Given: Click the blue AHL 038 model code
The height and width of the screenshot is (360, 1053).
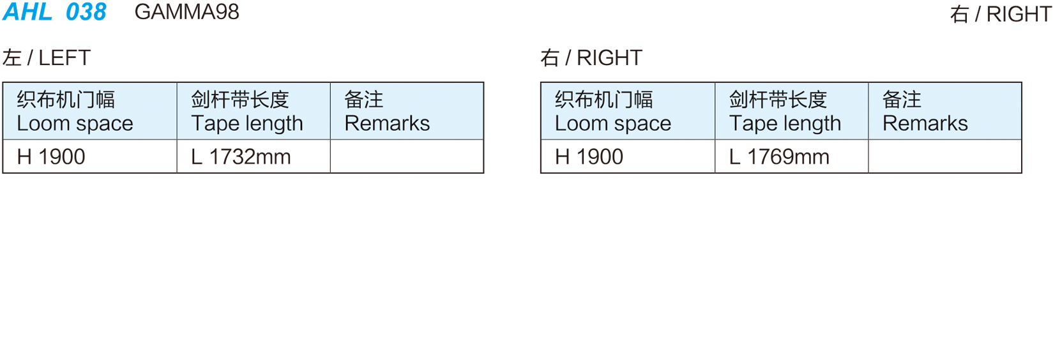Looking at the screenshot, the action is click(x=54, y=11).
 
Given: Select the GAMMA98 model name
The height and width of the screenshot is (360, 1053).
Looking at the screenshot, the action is click(x=186, y=12).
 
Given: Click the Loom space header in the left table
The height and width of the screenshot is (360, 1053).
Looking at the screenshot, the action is click(x=75, y=124).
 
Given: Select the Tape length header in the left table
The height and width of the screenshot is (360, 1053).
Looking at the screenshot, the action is click(x=247, y=124).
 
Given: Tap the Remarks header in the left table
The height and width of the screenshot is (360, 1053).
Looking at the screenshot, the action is click(x=388, y=124).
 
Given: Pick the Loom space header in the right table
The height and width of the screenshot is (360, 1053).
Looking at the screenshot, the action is click(x=613, y=124).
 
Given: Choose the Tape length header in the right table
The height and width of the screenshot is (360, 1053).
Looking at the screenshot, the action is click(x=785, y=124).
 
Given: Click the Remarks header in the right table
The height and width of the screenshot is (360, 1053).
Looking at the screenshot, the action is click(x=925, y=124).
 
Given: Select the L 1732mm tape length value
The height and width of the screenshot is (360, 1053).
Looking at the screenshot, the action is click(x=241, y=157).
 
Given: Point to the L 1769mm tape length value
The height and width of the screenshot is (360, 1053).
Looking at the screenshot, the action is click(x=780, y=157).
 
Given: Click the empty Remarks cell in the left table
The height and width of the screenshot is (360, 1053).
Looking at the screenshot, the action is click(x=407, y=156).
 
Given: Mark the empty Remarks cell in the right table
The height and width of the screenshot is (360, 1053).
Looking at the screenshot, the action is click(x=945, y=156).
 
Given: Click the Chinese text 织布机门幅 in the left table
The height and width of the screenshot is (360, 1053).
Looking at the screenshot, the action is click(x=66, y=100).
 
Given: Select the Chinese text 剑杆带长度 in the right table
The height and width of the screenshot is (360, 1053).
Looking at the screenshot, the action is click(x=778, y=100).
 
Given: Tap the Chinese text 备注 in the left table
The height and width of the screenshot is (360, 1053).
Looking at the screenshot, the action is click(x=364, y=100).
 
